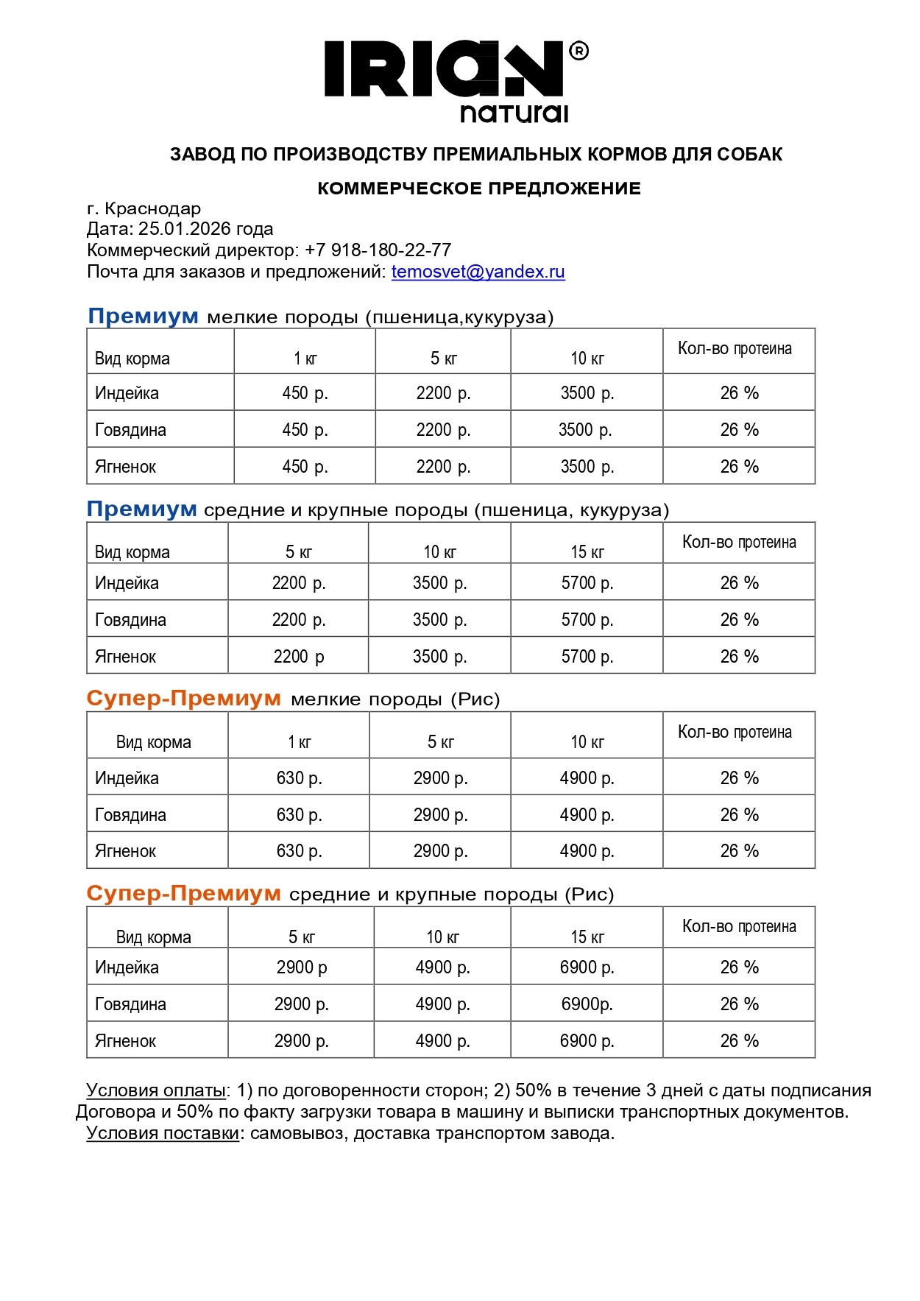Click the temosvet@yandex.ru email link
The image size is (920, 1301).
(x=478, y=272)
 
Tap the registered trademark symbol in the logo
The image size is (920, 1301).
(x=578, y=51)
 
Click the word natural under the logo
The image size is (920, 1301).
(x=514, y=113)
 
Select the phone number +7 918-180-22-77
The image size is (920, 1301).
(x=378, y=250)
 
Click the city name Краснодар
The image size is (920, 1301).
(x=152, y=208)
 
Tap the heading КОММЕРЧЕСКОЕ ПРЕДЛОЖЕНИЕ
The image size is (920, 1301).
(x=479, y=188)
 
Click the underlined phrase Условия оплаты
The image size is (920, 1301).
(x=155, y=1090)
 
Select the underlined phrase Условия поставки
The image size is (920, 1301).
(x=163, y=1133)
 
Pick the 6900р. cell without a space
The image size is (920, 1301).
(x=587, y=1004)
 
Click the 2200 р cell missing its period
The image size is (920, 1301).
(x=298, y=657)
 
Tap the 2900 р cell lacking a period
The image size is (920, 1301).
(x=301, y=967)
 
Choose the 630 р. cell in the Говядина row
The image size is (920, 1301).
(x=299, y=815)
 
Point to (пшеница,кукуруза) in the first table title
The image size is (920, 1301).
(x=459, y=317)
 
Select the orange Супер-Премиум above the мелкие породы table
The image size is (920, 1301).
(x=183, y=699)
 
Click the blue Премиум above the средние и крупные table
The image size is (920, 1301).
(x=141, y=510)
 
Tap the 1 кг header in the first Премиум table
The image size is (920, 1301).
(x=305, y=359)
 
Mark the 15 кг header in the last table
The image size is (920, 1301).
(x=587, y=937)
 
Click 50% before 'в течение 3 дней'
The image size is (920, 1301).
(x=533, y=1090)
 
